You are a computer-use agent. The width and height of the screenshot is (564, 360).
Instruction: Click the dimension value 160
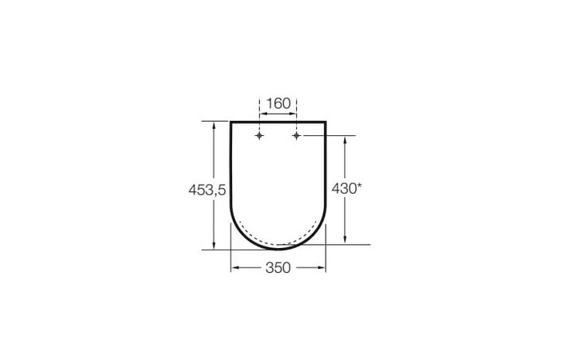click(278, 103)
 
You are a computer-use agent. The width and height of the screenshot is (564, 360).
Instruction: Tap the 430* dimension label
click(347, 189)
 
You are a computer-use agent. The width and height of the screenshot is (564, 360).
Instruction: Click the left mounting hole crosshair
click(259, 137)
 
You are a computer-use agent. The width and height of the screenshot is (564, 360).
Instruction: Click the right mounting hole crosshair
click(296, 137)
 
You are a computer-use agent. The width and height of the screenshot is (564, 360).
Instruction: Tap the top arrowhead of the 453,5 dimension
click(214, 125)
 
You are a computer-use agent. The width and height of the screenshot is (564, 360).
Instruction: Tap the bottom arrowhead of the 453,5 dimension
click(214, 245)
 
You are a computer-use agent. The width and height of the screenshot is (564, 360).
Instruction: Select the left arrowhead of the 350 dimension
click(234, 268)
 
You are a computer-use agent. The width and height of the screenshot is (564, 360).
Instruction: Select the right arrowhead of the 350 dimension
click(323, 268)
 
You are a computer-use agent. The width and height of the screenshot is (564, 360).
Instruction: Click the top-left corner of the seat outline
click(231, 122)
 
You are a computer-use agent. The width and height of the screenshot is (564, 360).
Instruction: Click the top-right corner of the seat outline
click(326, 122)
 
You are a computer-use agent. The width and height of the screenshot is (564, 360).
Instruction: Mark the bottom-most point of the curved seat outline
click(278, 248)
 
